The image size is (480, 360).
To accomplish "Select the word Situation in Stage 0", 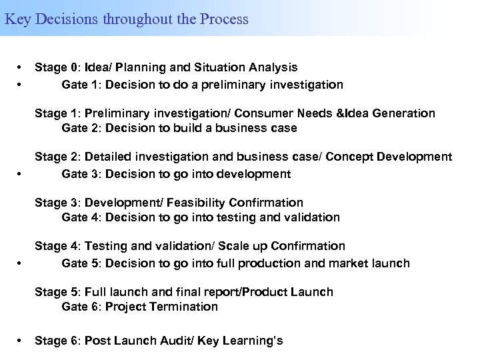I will (x=221, y=67).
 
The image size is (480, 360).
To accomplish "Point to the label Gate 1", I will (x=78, y=85).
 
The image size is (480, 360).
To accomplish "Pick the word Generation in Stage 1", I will (x=403, y=113).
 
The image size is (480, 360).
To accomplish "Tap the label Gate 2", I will (x=78, y=127).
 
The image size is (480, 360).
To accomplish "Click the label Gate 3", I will (x=78, y=174).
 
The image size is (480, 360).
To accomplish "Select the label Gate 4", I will (x=78, y=217).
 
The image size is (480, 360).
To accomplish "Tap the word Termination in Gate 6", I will (x=183, y=307).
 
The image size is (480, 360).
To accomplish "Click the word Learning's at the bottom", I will (x=251, y=341).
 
